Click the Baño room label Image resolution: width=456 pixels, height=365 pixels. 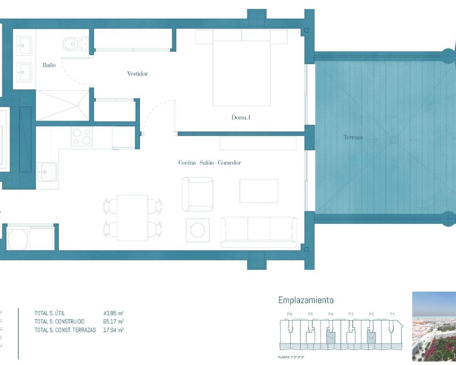click(x=49, y=65)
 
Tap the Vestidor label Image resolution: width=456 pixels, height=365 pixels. click(x=137, y=74)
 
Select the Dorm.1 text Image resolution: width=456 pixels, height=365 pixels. click(x=241, y=117)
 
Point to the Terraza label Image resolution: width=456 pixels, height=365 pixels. click(x=353, y=137)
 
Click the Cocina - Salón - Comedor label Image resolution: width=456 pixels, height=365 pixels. click(x=209, y=163)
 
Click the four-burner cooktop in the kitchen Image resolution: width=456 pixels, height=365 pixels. click(x=82, y=137)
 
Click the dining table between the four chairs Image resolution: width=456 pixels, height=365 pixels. click(x=133, y=217)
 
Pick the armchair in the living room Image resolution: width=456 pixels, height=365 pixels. click(x=197, y=194)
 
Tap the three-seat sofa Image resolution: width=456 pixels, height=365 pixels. click(x=259, y=232)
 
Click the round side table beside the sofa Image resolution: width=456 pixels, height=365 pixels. click(x=197, y=230)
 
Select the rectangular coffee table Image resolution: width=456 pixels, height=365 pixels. click(x=258, y=191)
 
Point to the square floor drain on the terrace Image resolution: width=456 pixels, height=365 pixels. click(x=393, y=139)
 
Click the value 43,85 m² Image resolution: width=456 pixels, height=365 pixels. click(x=113, y=313)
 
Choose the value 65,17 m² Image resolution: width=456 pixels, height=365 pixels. click(x=113, y=322)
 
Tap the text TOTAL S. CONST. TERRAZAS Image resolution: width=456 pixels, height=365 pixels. click(x=65, y=330)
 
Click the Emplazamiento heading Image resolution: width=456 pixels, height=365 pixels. click(x=306, y=300)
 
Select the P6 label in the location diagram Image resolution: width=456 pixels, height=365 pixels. click(x=289, y=314)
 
